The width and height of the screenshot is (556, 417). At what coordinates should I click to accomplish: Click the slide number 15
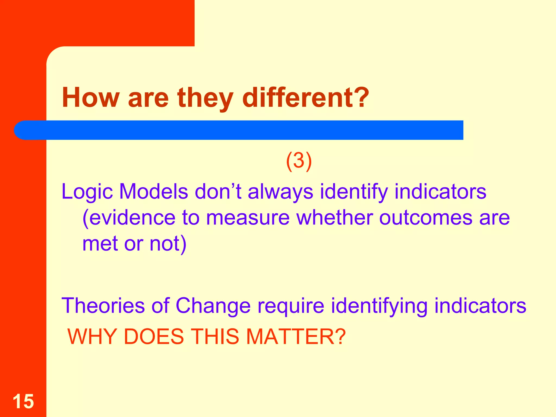(x=23, y=401)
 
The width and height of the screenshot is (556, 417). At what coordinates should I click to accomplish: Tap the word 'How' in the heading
(x=91, y=97)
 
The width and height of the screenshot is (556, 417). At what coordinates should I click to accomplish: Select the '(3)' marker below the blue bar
(x=299, y=161)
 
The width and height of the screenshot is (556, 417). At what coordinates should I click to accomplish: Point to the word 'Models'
(x=153, y=192)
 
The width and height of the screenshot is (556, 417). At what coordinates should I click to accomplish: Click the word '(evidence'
(x=129, y=218)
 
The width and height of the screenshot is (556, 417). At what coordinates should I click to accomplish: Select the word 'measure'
(x=248, y=218)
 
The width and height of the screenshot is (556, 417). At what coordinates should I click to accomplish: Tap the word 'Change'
(x=213, y=306)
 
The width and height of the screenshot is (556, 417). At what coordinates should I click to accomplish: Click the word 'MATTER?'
(x=296, y=337)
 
